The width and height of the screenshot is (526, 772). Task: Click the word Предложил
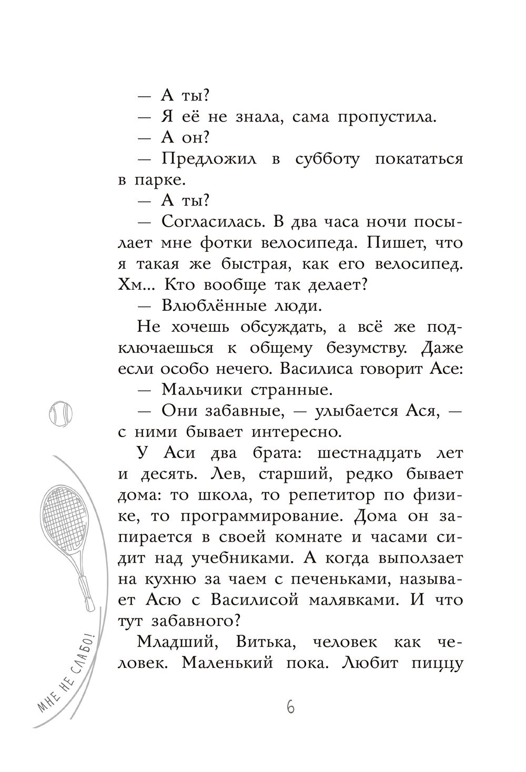pyautogui.click(x=209, y=159)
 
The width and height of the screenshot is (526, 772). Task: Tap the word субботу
pyautogui.click(x=326, y=159)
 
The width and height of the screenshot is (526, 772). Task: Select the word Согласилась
pyautogui.click(x=212, y=222)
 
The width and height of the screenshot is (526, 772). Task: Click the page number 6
pyautogui.click(x=290, y=707)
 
